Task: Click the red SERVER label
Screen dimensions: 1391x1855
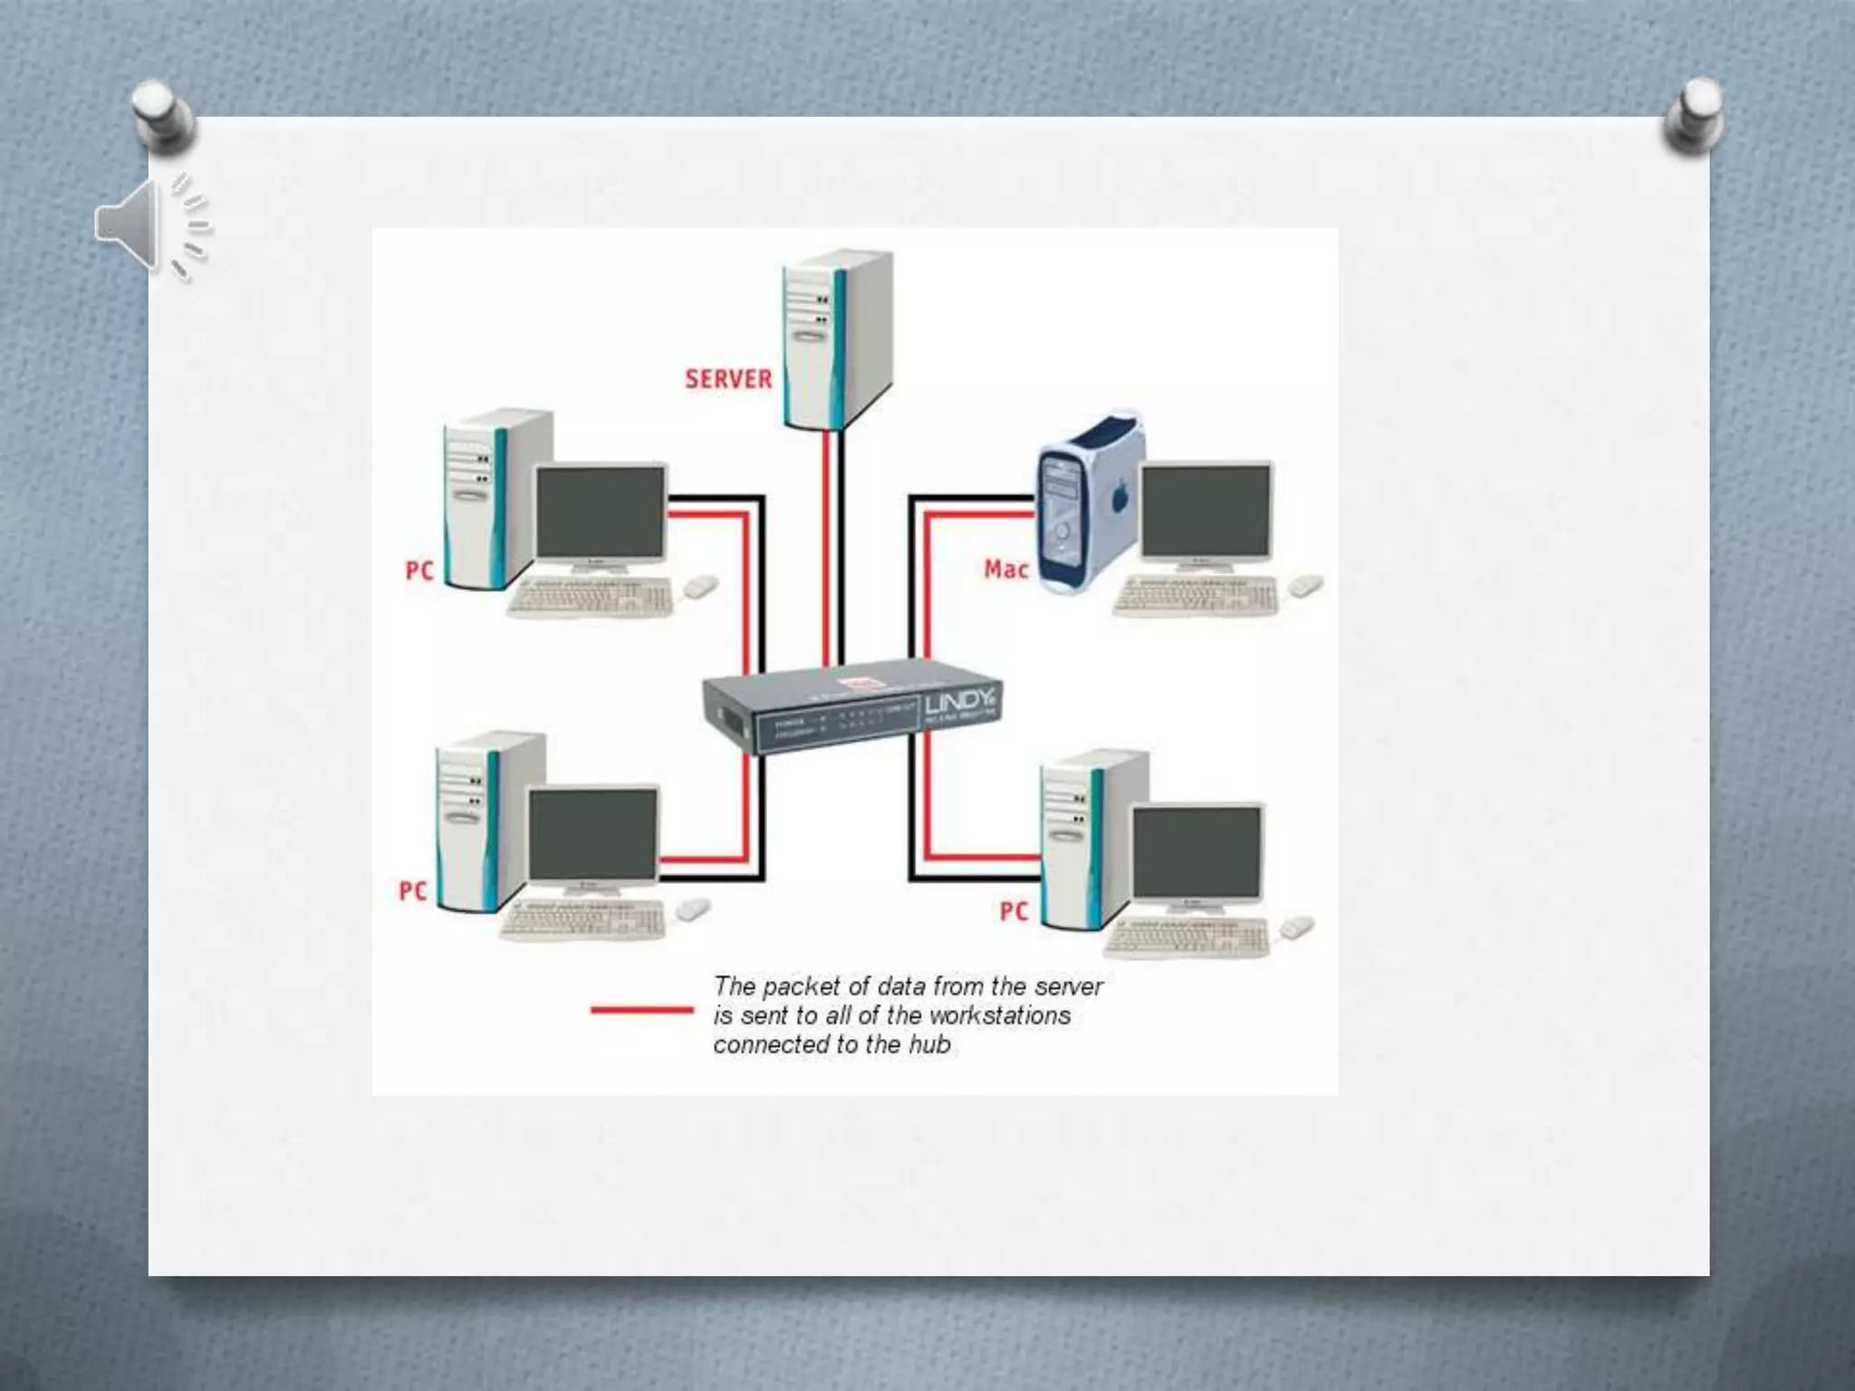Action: coord(728,379)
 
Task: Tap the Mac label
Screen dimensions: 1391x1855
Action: coord(1006,570)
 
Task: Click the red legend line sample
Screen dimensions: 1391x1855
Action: coord(641,1010)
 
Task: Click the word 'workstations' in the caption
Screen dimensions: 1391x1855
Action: coord(999,1015)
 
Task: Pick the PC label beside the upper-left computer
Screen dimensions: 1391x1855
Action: coord(418,571)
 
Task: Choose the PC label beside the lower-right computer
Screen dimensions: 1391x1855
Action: coord(1014,910)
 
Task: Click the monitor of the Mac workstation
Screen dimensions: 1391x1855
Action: coord(1206,514)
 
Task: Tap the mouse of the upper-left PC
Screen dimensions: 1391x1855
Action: coord(700,587)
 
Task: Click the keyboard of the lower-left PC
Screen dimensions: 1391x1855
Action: coord(582,920)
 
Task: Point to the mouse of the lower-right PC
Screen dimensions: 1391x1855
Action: coord(1297,926)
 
